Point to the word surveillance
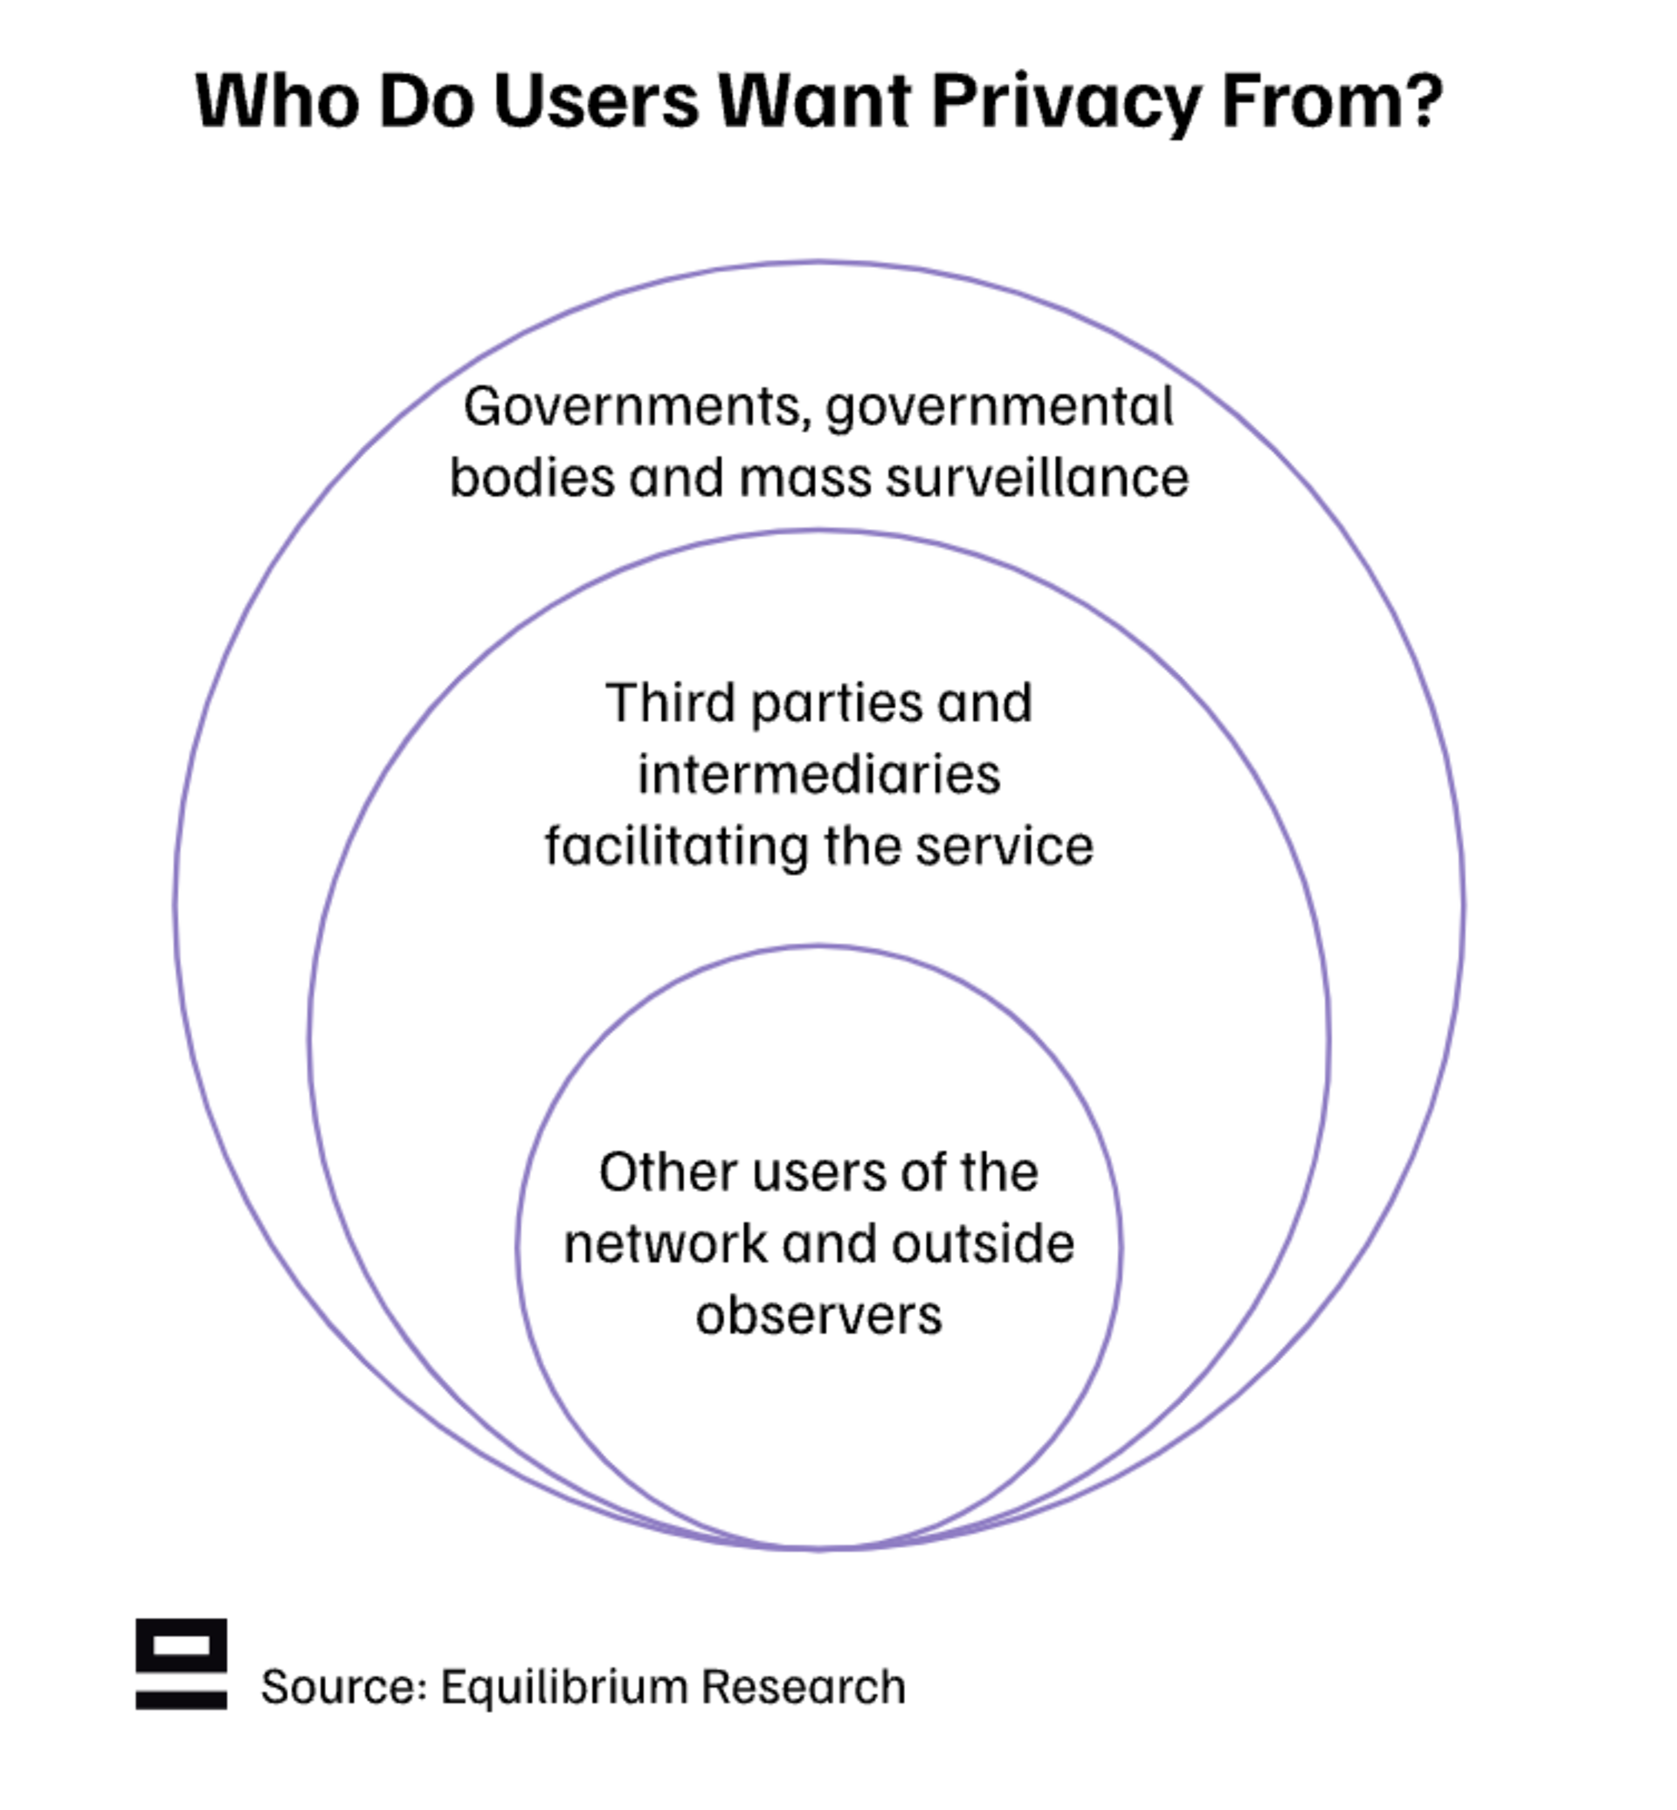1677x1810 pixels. point(1035,478)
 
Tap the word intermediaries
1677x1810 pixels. point(819,774)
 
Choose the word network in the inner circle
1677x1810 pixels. point(666,1243)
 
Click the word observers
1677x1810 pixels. point(819,1315)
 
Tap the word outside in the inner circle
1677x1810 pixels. point(983,1243)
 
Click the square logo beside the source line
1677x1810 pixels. point(182,1664)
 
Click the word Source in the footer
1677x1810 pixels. point(342,1686)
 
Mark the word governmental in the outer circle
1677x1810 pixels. point(999,408)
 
